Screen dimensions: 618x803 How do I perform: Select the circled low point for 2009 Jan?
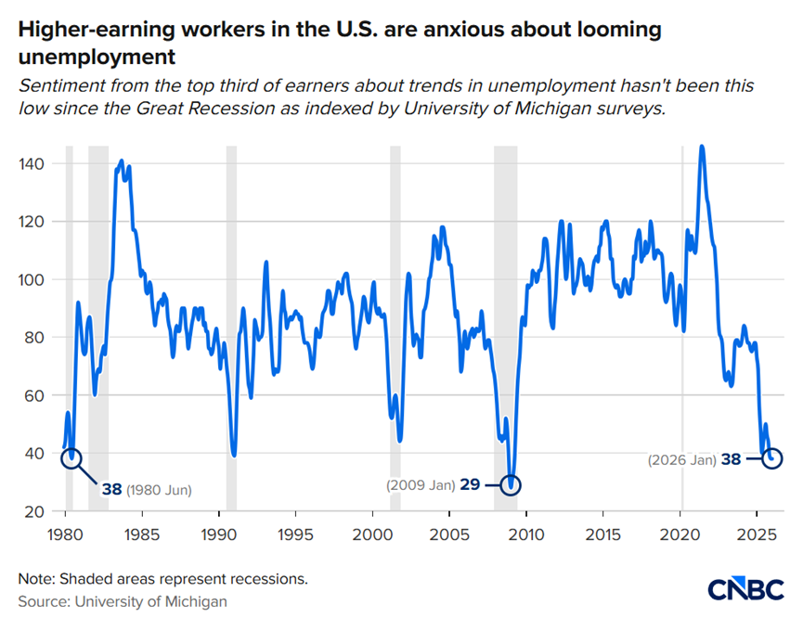(x=510, y=484)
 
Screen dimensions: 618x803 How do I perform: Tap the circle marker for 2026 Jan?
(x=771, y=458)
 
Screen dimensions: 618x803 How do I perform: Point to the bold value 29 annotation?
(x=469, y=484)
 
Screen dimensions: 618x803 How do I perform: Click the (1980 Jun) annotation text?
(x=164, y=489)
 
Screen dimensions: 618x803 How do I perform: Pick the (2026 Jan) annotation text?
(x=681, y=458)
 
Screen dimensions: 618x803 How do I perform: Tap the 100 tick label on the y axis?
(x=32, y=279)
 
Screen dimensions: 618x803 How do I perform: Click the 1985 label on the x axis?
(x=141, y=534)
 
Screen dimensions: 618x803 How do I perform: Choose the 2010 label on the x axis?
(x=527, y=534)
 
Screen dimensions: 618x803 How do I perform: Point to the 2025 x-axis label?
(x=757, y=534)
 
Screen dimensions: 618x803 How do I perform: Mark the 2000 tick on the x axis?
(x=372, y=534)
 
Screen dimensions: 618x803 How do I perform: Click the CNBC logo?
(x=745, y=588)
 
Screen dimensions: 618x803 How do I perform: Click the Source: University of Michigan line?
(x=123, y=601)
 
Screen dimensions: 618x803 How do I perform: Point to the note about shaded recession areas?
(x=162, y=578)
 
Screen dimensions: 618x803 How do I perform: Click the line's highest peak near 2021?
(x=701, y=146)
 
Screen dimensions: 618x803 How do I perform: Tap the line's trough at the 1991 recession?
(x=234, y=455)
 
